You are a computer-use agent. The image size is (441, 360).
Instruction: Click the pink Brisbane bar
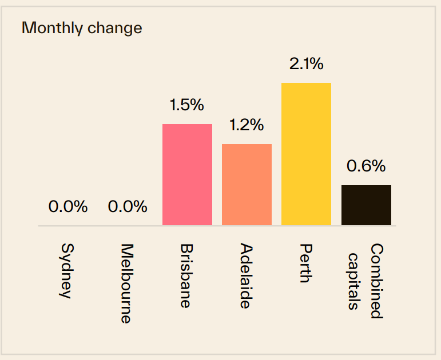point(187,174)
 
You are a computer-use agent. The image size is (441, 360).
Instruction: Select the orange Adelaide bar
point(247,184)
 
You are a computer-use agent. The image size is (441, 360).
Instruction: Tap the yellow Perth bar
point(306,154)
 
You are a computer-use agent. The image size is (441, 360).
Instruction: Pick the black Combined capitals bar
point(366,205)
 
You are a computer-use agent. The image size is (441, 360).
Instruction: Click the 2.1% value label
point(307,64)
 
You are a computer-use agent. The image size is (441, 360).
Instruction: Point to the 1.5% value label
point(186,105)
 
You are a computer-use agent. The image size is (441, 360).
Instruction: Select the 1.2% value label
point(247,125)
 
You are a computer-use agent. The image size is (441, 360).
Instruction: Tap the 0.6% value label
point(366,166)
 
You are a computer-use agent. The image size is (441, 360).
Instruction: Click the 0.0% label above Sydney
point(68,207)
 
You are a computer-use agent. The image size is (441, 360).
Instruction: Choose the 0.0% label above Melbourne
point(128,207)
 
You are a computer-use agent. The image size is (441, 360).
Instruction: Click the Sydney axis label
point(68,271)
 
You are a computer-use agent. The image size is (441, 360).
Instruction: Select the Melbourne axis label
point(127,284)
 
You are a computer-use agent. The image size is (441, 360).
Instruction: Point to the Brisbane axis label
point(186,276)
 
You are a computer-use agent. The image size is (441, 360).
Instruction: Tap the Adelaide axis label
point(246,276)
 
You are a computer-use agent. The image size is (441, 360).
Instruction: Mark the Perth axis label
point(306,263)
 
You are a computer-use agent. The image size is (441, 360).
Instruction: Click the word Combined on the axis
point(376,281)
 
